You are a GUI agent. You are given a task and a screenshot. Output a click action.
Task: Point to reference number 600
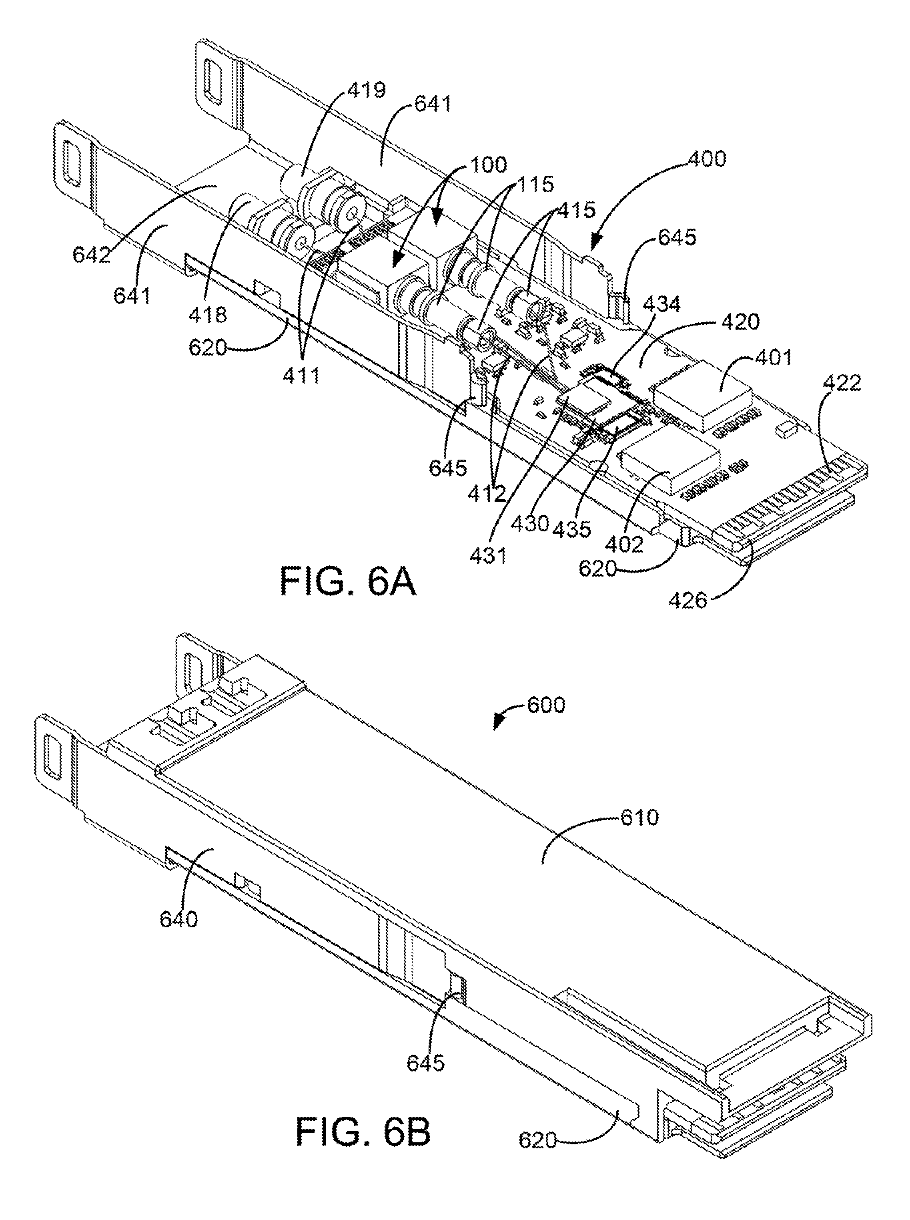545,705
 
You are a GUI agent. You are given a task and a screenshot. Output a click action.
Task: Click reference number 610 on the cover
639,817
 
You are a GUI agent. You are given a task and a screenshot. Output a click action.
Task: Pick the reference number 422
843,382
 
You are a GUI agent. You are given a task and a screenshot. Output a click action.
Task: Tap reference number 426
688,599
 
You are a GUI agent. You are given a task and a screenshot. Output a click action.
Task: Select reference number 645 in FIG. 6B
425,1062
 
